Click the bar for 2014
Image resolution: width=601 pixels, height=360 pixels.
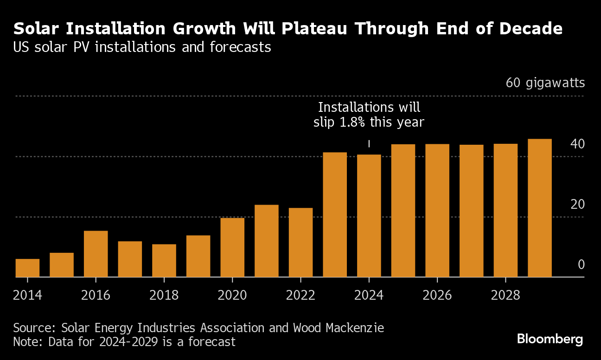click(x=27, y=268)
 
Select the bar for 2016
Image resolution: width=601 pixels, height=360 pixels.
click(x=96, y=254)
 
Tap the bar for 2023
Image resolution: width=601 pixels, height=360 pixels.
click(x=334, y=214)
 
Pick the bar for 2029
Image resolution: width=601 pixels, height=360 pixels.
click(x=540, y=208)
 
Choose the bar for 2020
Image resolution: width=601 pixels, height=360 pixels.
click(x=232, y=247)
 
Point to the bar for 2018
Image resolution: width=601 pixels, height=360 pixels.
click(x=164, y=260)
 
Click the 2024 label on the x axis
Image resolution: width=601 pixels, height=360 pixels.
click(x=369, y=296)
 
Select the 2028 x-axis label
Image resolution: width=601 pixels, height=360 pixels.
click(x=505, y=296)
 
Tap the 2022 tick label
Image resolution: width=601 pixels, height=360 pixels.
click(x=300, y=296)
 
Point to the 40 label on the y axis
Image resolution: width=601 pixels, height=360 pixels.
click(x=578, y=144)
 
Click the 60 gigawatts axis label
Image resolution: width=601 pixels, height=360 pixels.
click(x=545, y=83)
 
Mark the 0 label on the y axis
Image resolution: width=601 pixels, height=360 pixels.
click(x=581, y=264)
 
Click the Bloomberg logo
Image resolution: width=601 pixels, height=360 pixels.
click(x=550, y=339)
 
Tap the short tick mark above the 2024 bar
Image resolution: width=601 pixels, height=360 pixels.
click(x=369, y=144)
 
